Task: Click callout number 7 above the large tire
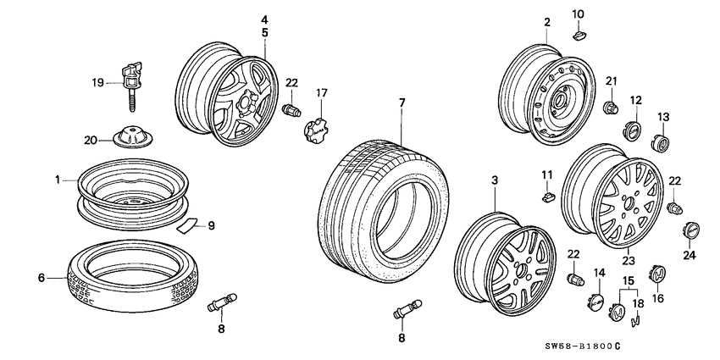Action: [402, 102]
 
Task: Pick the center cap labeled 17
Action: [316, 128]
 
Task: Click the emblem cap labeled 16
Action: [657, 276]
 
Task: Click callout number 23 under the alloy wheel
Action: [629, 262]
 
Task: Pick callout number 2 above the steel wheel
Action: [547, 22]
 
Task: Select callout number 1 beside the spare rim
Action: [58, 180]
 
